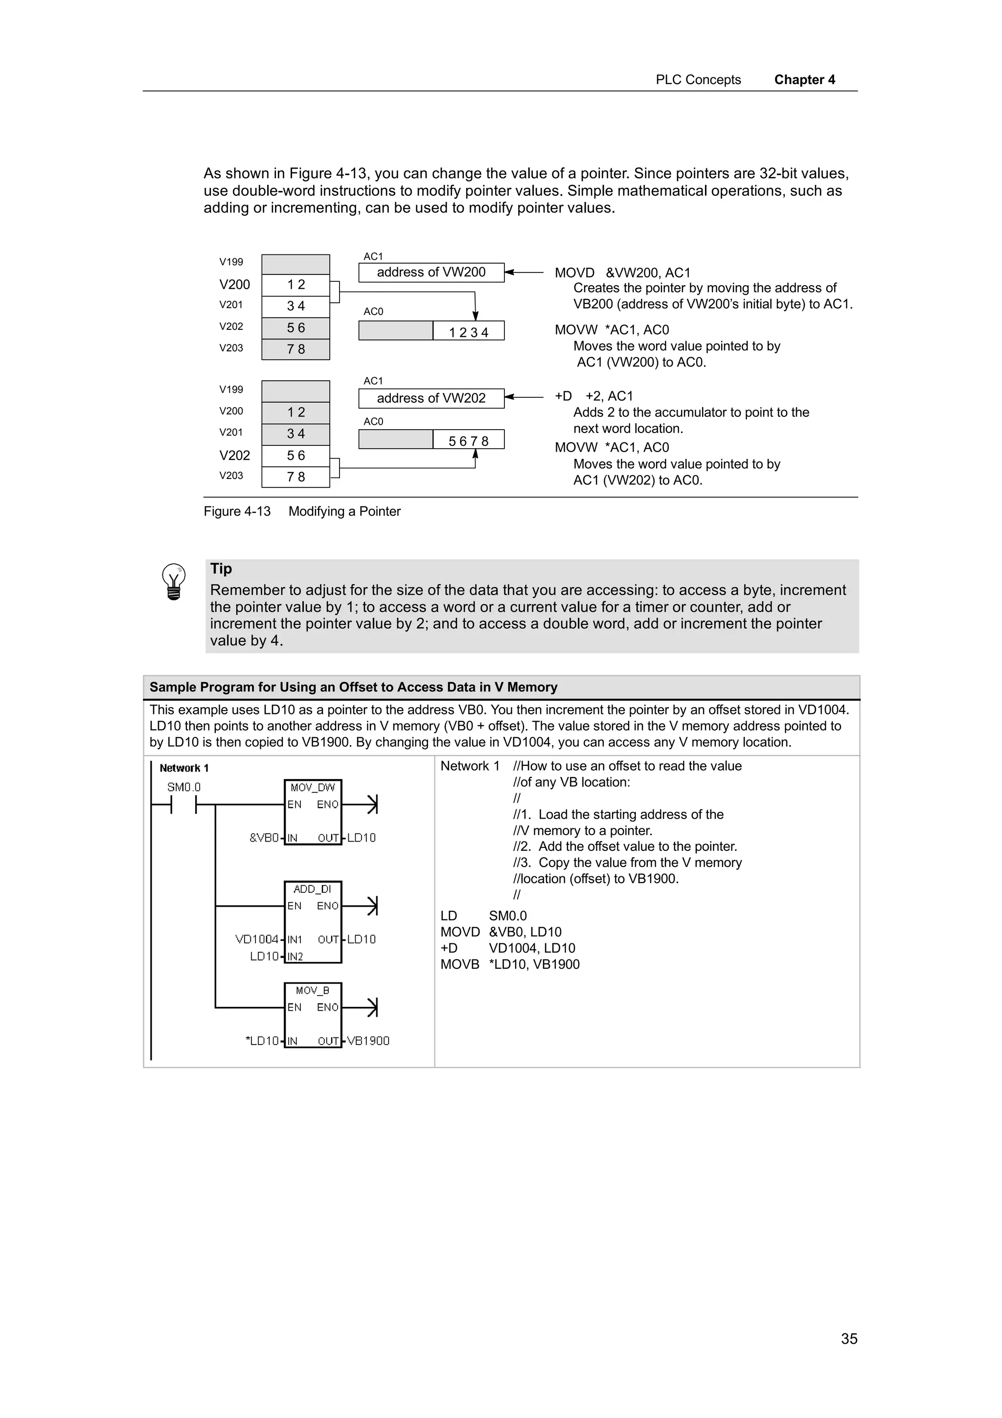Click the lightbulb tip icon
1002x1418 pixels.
click(x=174, y=581)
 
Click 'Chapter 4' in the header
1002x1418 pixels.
click(x=804, y=80)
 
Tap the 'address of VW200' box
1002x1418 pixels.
click(x=431, y=273)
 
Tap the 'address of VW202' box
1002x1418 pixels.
click(x=431, y=398)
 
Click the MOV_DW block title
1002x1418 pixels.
click(x=313, y=787)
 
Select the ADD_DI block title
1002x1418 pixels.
click(x=313, y=889)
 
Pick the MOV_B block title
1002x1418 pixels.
click(x=313, y=990)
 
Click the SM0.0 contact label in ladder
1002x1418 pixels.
click(x=184, y=787)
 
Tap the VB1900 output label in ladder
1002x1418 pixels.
click(x=368, y=1041)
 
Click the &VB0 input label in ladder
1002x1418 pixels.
click(x=264, y=838)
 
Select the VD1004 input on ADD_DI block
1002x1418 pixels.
click(x=257, y=939)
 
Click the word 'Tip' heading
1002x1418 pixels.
click(x=221, y=569)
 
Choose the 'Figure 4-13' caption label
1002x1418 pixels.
click(x=237, y=511)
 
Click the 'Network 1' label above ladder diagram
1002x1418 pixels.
click(x=184, y=768)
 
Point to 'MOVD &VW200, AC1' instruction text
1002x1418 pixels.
click(x=622, y=273)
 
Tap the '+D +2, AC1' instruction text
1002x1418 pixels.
click(x=594, y=396)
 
